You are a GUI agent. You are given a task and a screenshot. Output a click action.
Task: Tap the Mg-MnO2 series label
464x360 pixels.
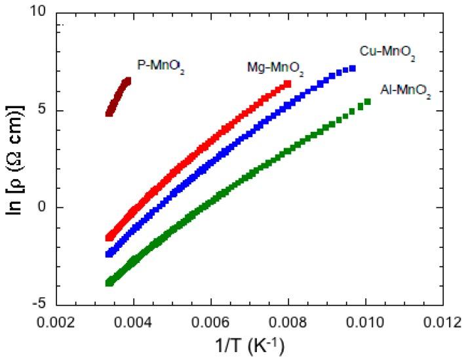[275, 68]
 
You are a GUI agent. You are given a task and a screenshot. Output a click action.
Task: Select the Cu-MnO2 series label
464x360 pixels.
[387, 51]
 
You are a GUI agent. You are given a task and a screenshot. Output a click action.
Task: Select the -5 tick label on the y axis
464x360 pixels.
[41, 304]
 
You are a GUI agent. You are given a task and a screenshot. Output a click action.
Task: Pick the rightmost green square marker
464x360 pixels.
[368, 102]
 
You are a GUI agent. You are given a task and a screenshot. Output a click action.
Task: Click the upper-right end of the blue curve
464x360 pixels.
[353, 68]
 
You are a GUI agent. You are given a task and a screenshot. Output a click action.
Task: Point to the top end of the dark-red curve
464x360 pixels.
[128, 81]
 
